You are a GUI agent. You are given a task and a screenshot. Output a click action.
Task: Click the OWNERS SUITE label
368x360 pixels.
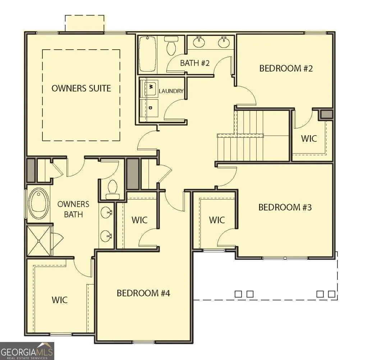pyautogui.click(x=81, y=88)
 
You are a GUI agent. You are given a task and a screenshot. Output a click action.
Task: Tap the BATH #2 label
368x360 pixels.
pyautogui.click(x=194, y=63)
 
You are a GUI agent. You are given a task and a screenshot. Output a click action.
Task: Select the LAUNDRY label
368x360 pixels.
pyautogui.click(x=171, y=91)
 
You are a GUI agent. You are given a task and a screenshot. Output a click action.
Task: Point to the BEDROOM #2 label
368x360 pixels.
pyautogui.click(x=286, y=68)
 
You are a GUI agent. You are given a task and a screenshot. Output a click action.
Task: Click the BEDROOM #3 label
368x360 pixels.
pyautogui.click(x=285, y=207)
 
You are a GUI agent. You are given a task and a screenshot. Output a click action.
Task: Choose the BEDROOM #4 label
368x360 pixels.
pyautogui.click(x=143, y=293)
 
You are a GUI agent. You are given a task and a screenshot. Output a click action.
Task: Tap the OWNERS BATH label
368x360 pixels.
pyautogui.click(x=73, y=209)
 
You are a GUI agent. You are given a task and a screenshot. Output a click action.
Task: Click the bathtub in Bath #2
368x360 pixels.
pyautogui.click(x=148, y=54)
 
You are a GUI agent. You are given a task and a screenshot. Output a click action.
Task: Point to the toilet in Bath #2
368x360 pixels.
pyautogui.click(x=171, y=46)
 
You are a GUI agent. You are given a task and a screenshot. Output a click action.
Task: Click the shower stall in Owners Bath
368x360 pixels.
pyautogui.click(x=39, y=241)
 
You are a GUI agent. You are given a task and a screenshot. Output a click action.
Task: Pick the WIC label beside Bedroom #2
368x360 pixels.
pyautogui.click(x=309, y=138)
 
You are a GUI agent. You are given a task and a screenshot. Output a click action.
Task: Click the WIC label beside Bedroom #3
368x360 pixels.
pyautogui.click(x=217, y=220)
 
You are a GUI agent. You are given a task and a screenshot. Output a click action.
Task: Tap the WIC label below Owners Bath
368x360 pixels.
pyautogui.click(x=60, y=300)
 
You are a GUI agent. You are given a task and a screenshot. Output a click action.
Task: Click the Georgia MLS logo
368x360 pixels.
pyautogui.click(x=27, y=351)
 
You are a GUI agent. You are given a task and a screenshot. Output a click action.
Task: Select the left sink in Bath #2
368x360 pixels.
pyautogui.click(x=199, y=42)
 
